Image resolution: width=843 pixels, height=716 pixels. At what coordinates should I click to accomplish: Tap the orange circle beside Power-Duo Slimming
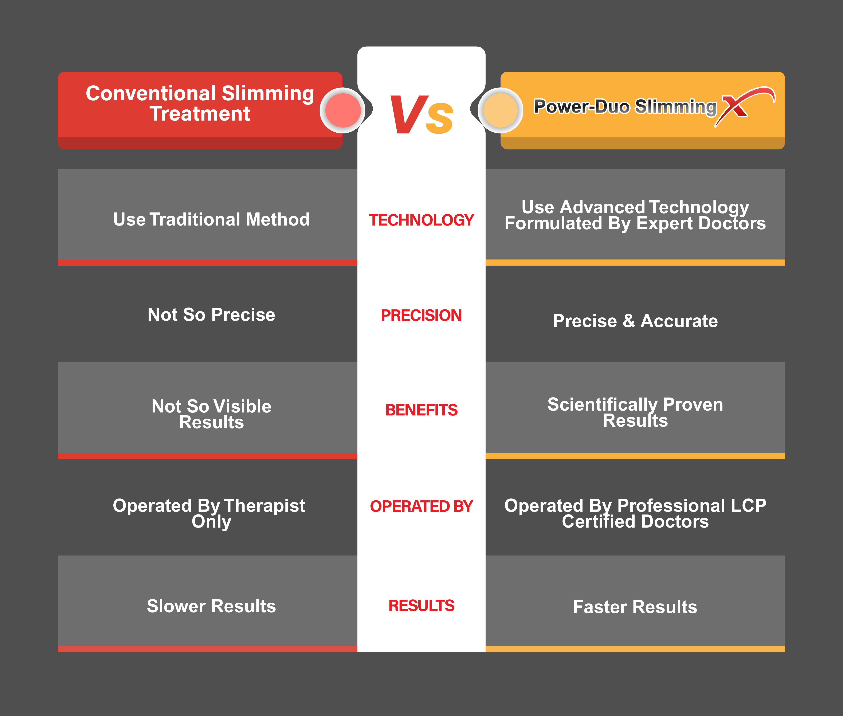point(501,110)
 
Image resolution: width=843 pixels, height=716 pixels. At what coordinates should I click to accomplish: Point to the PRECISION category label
point(421,315)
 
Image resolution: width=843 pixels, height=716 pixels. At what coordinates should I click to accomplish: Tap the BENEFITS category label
point(421,410)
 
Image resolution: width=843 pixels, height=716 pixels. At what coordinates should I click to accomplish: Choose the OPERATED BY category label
point(421,506)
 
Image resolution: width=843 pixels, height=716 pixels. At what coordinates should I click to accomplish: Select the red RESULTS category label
point(421,606)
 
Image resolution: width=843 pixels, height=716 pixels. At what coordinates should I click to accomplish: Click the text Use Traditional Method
point(211,220)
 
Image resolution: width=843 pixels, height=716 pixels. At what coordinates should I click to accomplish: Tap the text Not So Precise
point(211,314)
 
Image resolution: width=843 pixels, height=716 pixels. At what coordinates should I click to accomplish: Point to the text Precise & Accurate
point(635,321)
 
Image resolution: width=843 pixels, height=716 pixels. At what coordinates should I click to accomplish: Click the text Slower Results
point(211,606)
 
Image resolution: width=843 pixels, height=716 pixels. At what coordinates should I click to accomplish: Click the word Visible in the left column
point(242,406)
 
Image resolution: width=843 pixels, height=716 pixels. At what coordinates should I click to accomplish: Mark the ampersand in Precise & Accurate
point(629,321)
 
